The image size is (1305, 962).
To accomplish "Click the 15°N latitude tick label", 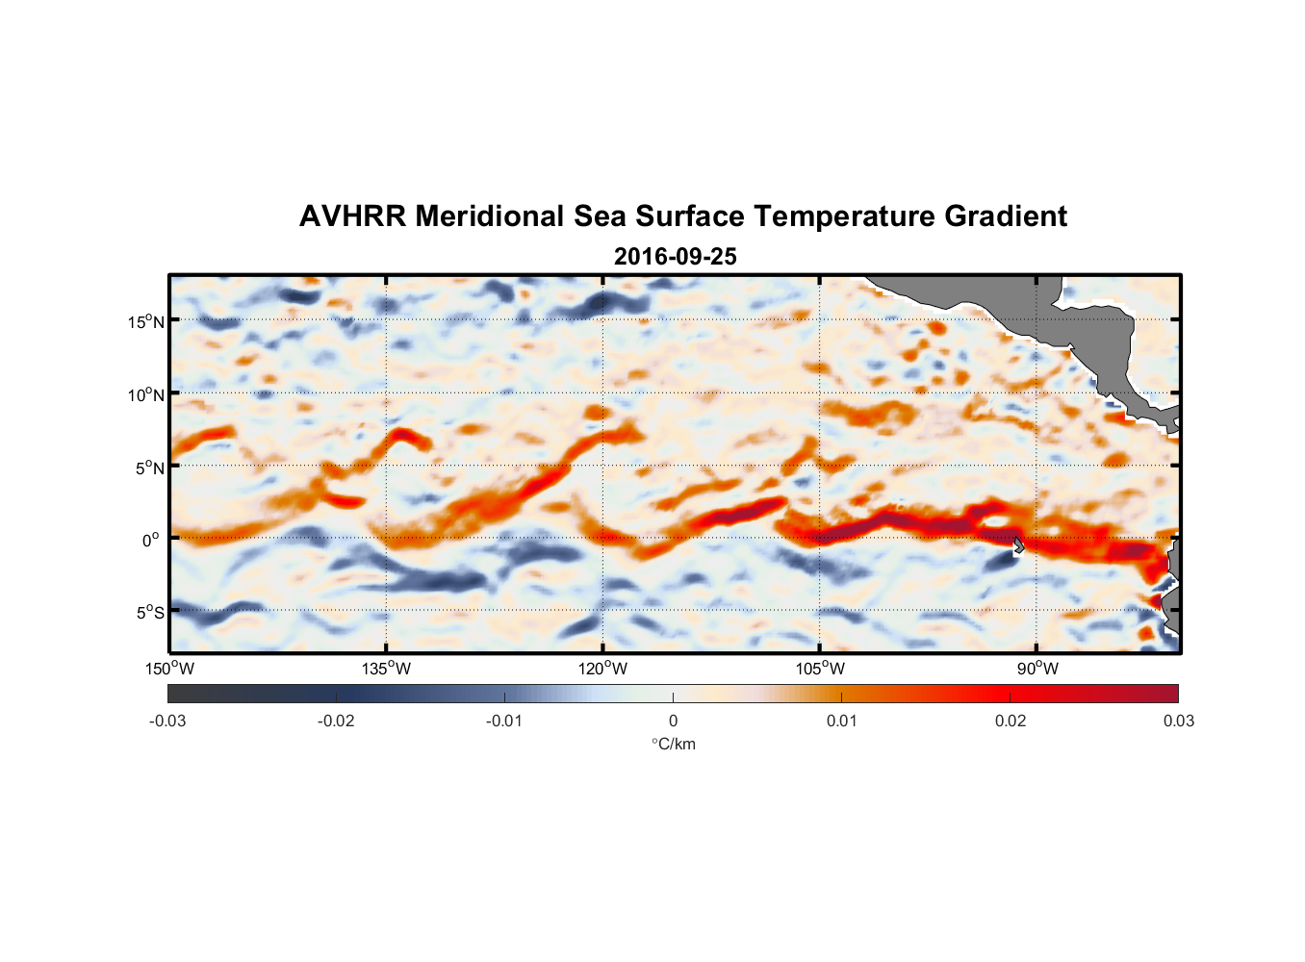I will tap(146, 321).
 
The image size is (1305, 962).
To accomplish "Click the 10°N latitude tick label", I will tap(146, 394).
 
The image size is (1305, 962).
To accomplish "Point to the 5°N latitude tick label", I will tap(149, 468).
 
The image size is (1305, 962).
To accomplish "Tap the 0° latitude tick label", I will tap(151, 540).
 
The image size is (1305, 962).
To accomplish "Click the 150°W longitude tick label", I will tap(169, 669).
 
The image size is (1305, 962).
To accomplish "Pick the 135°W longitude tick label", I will tap(386, 669).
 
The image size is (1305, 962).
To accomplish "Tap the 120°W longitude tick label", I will tap(602, 669).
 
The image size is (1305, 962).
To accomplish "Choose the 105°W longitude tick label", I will tap(820, 669).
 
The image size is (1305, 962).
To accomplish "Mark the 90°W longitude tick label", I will tap(1037, 669).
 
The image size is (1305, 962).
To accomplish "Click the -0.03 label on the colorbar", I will tap(167, 721).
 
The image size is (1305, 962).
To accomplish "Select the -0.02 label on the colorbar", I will tap(336, 721).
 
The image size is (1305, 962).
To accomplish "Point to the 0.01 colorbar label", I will tap(841, 721).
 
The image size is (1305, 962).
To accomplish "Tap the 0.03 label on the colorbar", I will tap(1178, 721).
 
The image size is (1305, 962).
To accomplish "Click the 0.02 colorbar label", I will tap(1010, 721).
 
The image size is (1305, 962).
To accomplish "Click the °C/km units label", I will tap(673, 744).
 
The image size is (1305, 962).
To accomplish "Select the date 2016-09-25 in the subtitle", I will tap(675, 257).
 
